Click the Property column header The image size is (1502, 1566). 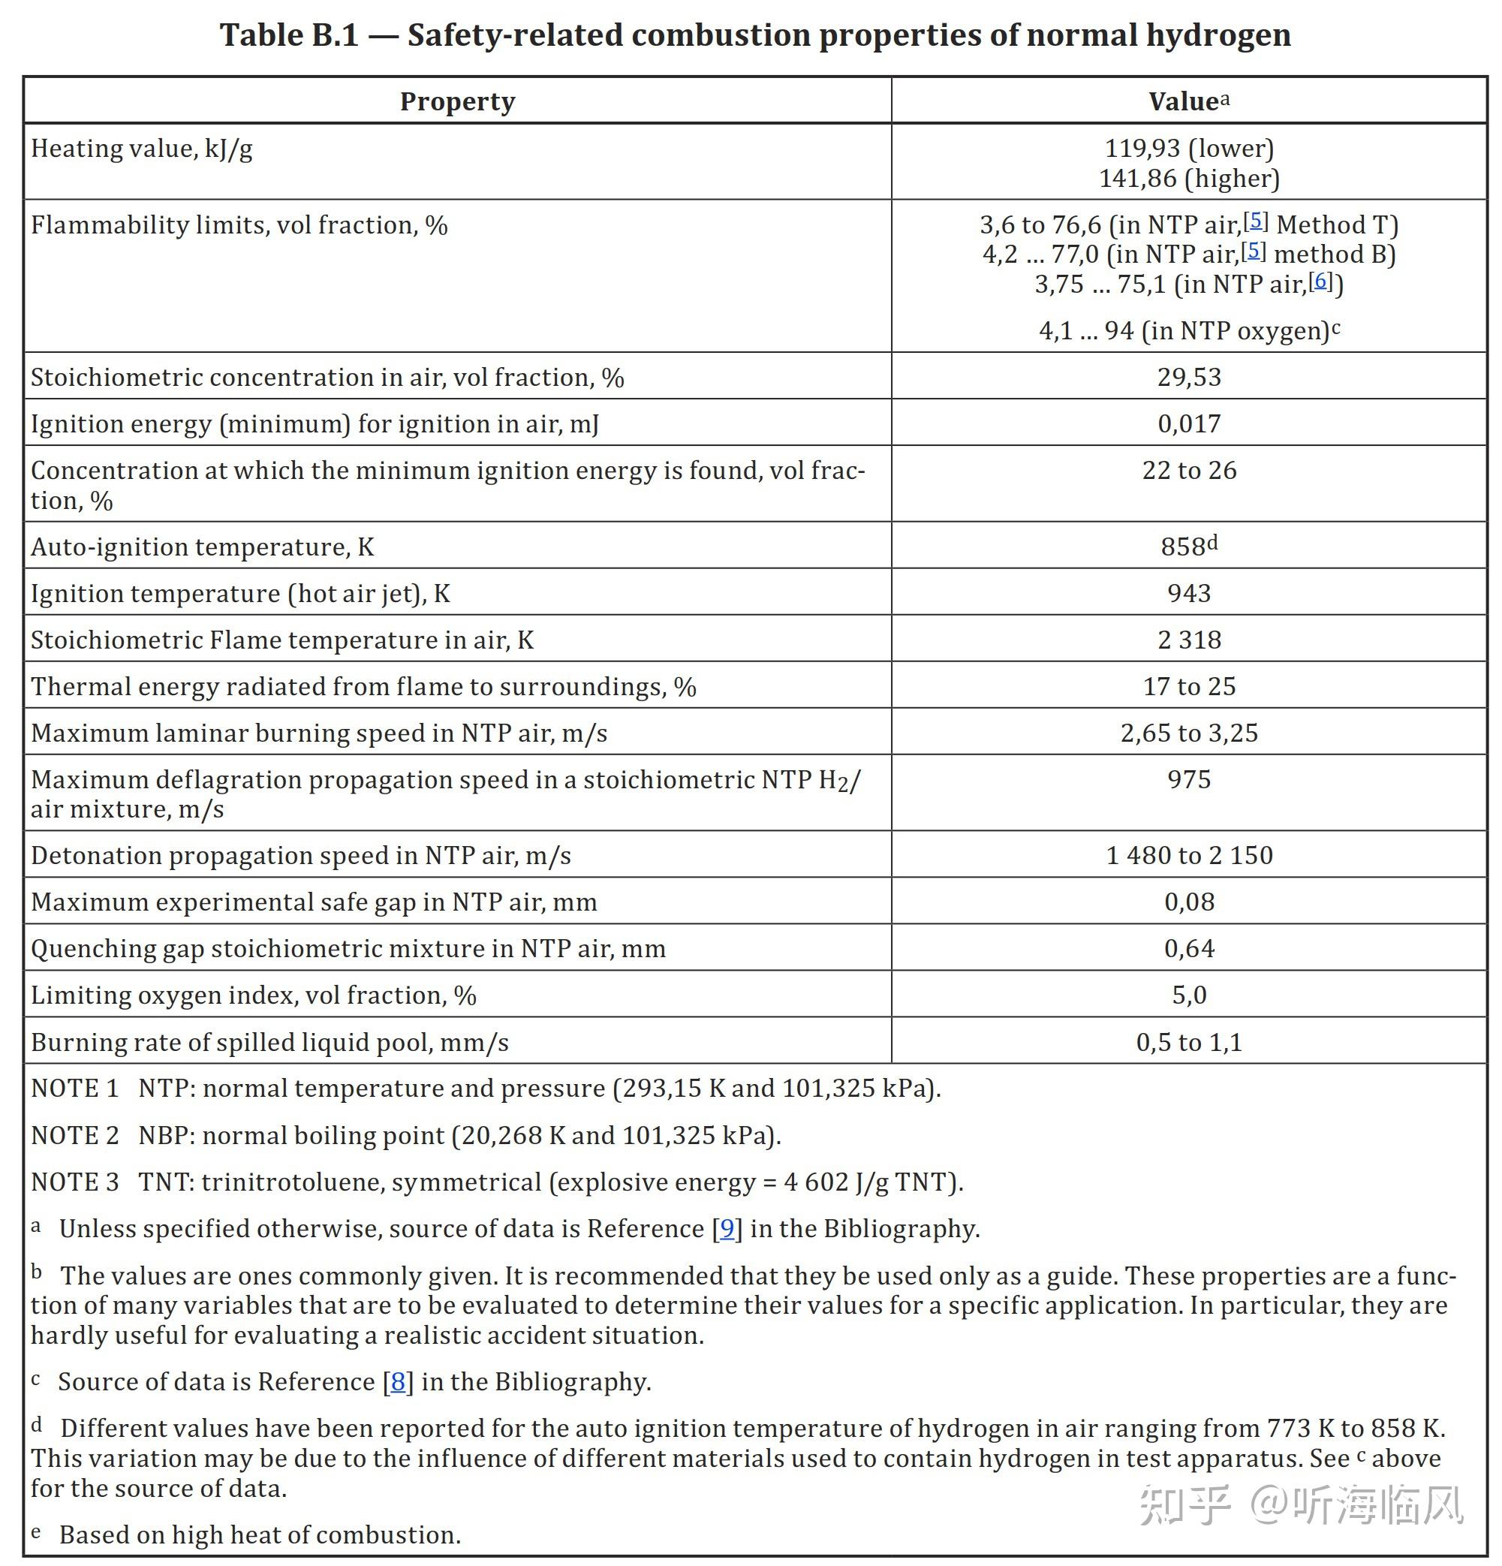pyautogui.click(x=457, y=101)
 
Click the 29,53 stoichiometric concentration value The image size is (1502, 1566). pyautogui.click(x=1189, y=377)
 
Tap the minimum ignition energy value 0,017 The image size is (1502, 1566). pyautogui.click(x=1189, y=423)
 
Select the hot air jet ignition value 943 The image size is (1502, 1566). pyautogui.click(x=1189, y=594)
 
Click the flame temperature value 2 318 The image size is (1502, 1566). pyautogui.click(x=1189, y=640)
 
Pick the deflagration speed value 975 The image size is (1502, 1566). pyautogui.click(x=1189, y=780)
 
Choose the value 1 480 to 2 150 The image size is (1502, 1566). pyautogui.click(x=1189, y=856)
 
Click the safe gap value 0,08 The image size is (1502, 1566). pyautogui.click(x=1189, y=902)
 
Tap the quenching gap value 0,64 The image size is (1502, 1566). pyautogui.click(x=1189, y=948)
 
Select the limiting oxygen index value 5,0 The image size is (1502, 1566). pyautogui.click(x=1189, y=995)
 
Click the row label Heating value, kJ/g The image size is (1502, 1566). pyautogui.click(x=142, y=149)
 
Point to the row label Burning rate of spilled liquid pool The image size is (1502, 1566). pyautogui.click(x=269, y=1043)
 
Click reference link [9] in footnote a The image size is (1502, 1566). pyautogui.click(x=727, y=1229)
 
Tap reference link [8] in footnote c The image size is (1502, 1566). pyautogui.click(x=398, y=1382)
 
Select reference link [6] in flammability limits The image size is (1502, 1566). pyautogui.click(x=1320, y=281)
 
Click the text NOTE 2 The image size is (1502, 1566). pyautogui.click(x=74, y=1135)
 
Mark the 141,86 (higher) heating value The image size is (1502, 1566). pyautogui.click(x=1189, y=178)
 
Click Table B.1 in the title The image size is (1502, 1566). pyautogui.click(x=289, y=35)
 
